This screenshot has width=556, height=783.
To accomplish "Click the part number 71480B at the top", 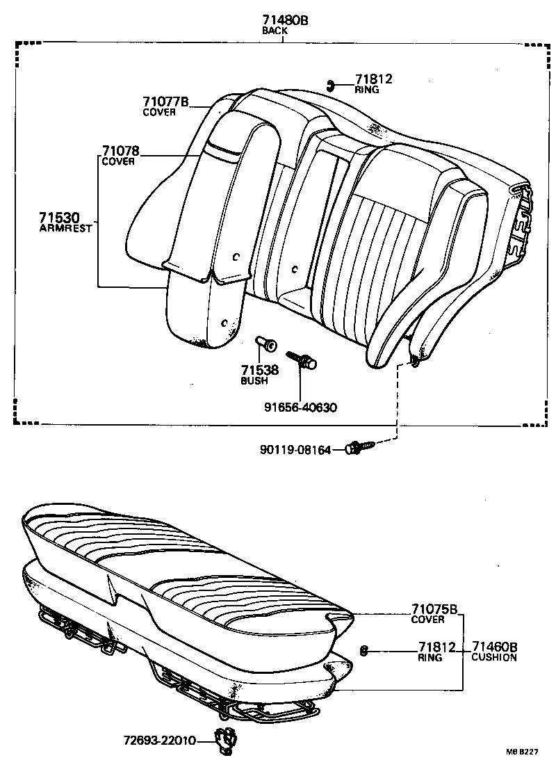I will pos(285,21).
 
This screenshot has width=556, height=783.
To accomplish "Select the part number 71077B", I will pos(165,102).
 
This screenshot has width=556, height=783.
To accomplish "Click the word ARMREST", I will pos(65,228).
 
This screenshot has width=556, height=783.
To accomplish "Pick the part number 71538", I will pos(259,370).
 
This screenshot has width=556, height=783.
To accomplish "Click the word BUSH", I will pos(254,381).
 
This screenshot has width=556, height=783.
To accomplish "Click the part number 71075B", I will pos(434,610).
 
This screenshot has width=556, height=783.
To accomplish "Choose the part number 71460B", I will pos(494,647).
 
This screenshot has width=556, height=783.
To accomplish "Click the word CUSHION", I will pos(494,657).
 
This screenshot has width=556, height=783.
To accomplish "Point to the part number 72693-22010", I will pos(161,741).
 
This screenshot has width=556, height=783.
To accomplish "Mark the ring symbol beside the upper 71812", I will pos(332,86).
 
